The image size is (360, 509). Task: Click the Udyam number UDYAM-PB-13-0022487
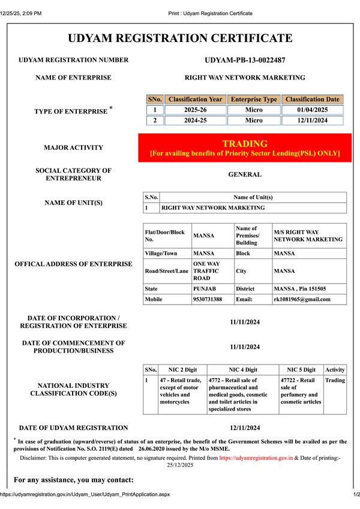click(244, 60)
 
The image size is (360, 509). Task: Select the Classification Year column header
click(195, 99)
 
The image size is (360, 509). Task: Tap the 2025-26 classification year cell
click(195, 110)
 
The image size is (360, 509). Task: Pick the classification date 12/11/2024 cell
click(313, 121)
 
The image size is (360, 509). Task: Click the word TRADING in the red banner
click(245, 144)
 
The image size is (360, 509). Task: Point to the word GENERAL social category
click(245, 174)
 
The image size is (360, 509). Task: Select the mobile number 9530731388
click(208, 299)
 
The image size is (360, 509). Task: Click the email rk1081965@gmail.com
click(302, 299)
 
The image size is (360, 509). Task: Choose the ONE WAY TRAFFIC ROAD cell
click(208, 271)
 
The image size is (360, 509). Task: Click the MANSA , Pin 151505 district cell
click(301, 288)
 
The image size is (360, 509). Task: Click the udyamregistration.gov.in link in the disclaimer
click(256, 457)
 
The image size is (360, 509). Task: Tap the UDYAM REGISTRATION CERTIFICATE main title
click(180, 38)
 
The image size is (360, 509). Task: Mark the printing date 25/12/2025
click(180, 465)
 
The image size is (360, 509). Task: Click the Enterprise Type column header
click(254, 99)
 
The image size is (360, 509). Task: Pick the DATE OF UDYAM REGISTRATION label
click(73, 427)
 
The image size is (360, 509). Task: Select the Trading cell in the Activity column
click(335, 380)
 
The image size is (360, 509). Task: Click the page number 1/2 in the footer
click(355, 494)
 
